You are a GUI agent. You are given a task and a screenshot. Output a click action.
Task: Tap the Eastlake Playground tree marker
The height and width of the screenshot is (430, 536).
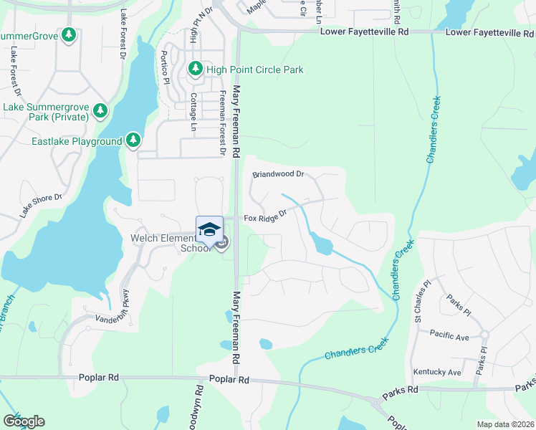point(133,141)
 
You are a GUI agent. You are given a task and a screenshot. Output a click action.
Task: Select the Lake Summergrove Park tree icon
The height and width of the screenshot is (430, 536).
point(100,111)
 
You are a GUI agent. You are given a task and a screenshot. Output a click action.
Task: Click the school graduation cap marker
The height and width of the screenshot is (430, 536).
point(209,229)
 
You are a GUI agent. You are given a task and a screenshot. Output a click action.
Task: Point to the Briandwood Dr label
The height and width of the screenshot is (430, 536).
point(278,174)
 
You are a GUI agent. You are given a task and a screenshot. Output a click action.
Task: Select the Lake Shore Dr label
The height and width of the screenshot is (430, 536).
point(42,205)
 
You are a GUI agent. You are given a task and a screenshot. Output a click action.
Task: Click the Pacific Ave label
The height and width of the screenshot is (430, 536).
point(449,334)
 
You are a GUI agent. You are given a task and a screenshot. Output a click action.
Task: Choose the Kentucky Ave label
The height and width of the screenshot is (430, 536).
point(437,373)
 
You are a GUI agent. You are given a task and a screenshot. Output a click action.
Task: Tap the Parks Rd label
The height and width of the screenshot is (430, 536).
point(400,391)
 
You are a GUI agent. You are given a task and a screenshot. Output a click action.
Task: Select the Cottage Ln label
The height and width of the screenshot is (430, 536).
point(193,112)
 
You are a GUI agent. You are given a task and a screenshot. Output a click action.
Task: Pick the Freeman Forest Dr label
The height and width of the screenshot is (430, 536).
point(223,123)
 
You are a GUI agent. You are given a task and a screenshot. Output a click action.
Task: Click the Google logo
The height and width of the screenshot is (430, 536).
point(24,421)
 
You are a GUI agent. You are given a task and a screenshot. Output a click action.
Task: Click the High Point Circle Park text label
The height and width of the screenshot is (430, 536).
point(254,70)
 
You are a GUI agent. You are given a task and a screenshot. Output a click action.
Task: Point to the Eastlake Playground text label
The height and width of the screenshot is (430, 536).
point(77,142)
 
